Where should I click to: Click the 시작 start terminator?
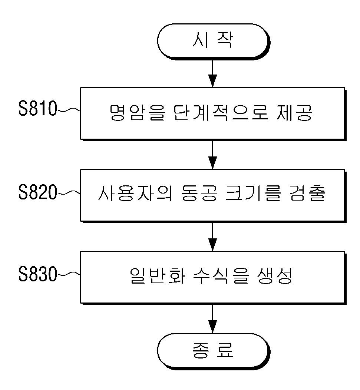(213, 41)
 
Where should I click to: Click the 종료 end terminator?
(213, 351)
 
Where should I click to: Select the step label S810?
(38, 109)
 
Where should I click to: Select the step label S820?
(38, 192)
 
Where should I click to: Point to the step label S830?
(38, 274)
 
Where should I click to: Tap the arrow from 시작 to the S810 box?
(212, 74)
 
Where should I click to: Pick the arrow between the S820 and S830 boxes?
(212, 237)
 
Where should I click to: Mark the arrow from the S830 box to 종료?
(212, 319)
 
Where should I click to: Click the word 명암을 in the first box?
(137, 113)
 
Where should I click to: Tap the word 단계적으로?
(221, 113)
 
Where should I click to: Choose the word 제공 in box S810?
(294, 113)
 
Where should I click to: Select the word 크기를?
(253, 193)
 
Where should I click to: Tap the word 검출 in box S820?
(307, 193)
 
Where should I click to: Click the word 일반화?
(158, 275)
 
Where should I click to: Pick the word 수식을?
(221, 275)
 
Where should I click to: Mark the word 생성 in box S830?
(274, 275)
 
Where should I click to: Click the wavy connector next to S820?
(69, 192)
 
